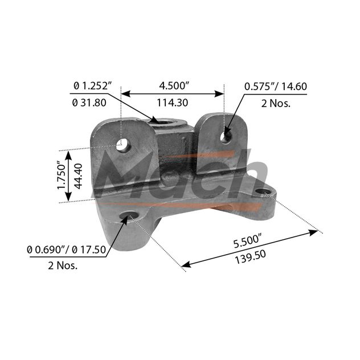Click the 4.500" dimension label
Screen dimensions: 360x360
point(174,86)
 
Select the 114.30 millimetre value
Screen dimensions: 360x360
point(173,103)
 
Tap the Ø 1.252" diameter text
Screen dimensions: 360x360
point(93,86)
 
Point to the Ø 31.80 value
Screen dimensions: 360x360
point(89,103)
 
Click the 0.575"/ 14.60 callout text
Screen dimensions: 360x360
point(276,87)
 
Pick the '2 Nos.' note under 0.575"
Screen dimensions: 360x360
point(276,104)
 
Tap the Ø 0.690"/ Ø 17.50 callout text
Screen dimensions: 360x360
point(66,249)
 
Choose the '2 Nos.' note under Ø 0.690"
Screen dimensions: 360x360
point(63,265)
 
